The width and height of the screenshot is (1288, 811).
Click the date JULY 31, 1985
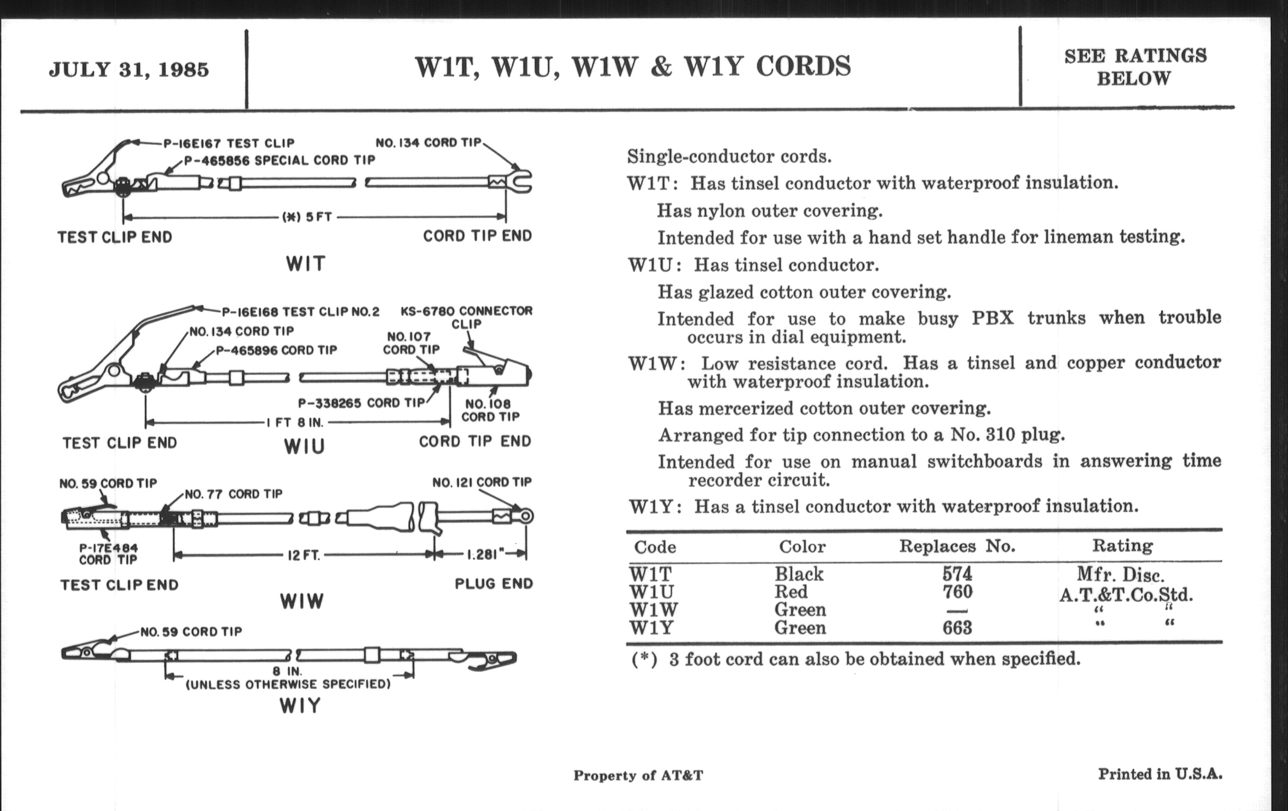(129, 69)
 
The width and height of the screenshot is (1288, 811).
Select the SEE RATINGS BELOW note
(1135, 67)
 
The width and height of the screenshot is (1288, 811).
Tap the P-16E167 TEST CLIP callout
(229, 144)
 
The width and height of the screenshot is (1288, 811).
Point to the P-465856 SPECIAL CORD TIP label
(280, 160)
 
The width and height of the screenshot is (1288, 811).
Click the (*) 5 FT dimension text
(307, 217)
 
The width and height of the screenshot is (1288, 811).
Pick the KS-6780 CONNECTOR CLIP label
(467, 318)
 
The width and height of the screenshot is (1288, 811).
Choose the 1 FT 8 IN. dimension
(296, 422)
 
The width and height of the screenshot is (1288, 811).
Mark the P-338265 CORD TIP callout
(361, 402)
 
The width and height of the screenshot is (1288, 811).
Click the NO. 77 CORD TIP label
(233, 493)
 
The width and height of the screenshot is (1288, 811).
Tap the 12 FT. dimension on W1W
(304, 555)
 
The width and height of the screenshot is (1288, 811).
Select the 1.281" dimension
(482, 554)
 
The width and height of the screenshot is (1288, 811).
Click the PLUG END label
(494, 584)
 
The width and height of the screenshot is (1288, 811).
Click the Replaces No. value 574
(957, 574)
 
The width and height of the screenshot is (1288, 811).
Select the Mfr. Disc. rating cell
(1121, 575)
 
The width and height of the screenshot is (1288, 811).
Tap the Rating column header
(1122, 545)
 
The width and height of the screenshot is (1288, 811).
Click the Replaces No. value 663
(957, 628)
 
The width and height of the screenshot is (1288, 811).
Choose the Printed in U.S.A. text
(1160, 774)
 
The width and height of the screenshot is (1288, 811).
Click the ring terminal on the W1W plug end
(526, 516)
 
